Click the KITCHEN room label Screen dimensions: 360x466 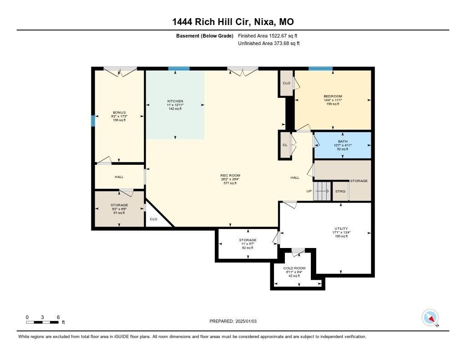pos(175,101)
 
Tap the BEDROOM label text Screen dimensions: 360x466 pos(333,96)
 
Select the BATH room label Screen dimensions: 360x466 pos(343,142)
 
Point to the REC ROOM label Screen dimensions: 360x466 pos(230,176)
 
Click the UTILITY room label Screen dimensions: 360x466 pos(341,228)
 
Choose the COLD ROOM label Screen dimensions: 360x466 pos(294,268)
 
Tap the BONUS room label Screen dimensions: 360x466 pos(119,112)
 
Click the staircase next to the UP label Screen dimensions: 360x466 pos(322,191)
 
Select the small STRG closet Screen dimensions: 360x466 pos(340,191)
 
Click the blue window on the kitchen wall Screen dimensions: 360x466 pos(178,69)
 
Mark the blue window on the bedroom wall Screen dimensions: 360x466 pos(320,69)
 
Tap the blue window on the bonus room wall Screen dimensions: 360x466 pos(93,121)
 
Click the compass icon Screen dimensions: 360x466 pos(430,317)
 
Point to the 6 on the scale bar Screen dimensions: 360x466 pos(58,317)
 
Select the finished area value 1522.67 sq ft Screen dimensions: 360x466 pos(268,35)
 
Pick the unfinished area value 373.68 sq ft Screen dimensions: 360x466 pos(269,44)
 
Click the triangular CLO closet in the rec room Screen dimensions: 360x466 pos(155,218)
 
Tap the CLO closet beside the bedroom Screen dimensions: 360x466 pos(287,83)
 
